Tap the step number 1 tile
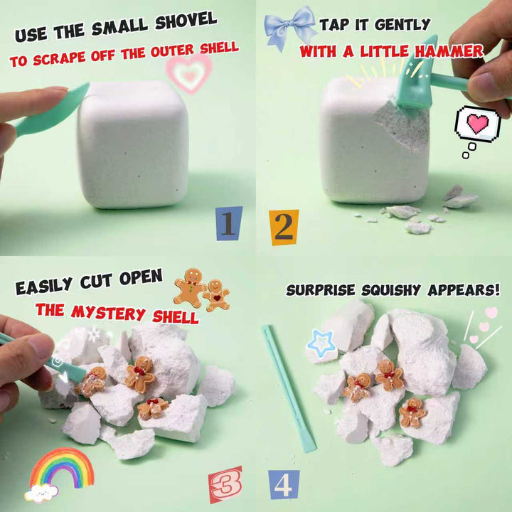click(229, 223)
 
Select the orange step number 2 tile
click(284, 228)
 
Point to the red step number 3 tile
click(225, 484)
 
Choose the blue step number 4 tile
click(284, 484)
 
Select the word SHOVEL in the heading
click(186, 21)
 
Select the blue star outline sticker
click(321, 342)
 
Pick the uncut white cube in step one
click(132, 144)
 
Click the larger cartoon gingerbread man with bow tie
click(190, 287)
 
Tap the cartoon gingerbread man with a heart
click(216, 295)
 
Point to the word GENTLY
click(402, 24)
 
